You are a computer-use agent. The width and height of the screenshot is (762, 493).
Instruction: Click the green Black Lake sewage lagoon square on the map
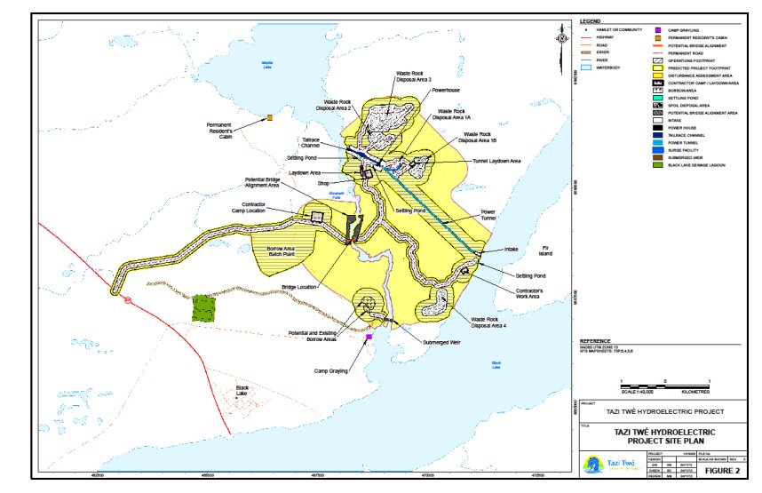tap(204, 307)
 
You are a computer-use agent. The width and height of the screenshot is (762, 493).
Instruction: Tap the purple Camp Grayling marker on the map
tap(369, 337)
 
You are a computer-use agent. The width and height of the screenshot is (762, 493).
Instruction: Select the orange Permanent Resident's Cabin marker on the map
tap(269, 117)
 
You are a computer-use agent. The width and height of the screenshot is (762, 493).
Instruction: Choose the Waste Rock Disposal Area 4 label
tap(489, 321)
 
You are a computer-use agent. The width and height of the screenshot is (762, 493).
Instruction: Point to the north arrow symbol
tap(561, 36)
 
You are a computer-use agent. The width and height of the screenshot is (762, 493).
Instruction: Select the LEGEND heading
tap(591, 20)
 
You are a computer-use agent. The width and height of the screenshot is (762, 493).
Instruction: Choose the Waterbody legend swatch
tap(586, 66)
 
